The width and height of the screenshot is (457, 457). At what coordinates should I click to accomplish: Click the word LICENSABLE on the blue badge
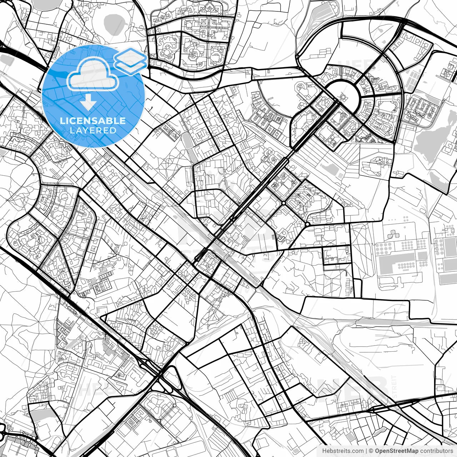93,121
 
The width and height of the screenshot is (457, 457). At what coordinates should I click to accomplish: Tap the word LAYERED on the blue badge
93,130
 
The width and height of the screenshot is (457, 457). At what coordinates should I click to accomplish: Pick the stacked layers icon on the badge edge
130,59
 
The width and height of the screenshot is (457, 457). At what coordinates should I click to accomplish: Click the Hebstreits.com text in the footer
343,451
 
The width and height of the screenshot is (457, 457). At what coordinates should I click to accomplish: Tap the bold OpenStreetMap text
396,451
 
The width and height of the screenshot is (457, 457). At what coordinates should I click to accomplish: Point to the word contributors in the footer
436,451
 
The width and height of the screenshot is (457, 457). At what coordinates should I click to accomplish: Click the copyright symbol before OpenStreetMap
371,451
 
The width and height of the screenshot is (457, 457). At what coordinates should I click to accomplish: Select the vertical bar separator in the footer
367,451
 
